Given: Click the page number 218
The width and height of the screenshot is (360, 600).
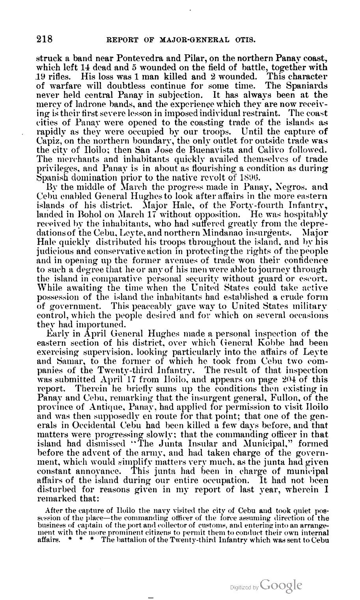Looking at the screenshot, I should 44,39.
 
